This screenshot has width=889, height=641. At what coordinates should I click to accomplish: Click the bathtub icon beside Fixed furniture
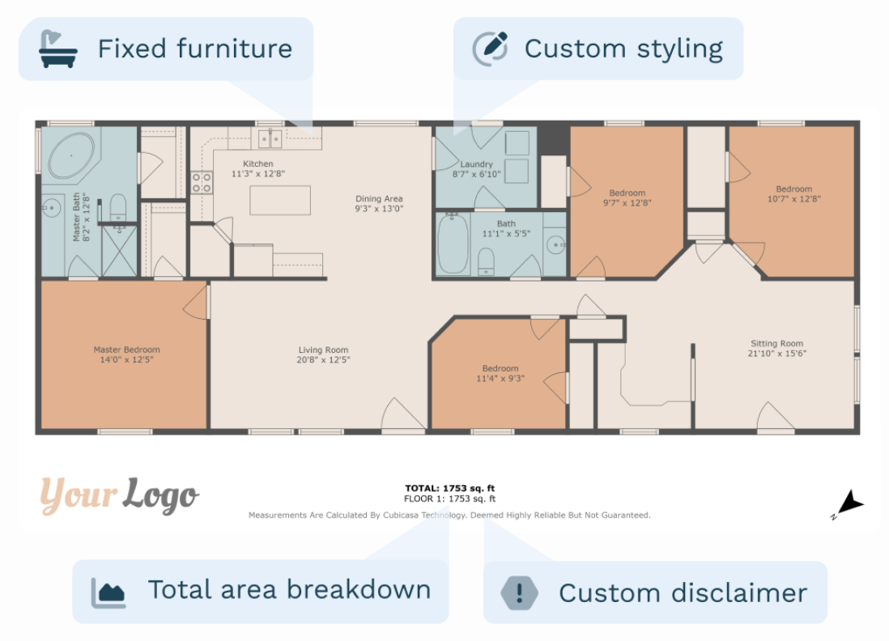(x=57, y=49)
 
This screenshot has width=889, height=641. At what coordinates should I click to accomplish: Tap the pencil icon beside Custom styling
(x=491, y=49)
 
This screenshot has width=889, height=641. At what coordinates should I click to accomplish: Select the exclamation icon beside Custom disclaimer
(x=519, y=592)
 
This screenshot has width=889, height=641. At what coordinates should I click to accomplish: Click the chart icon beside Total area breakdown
(x=108, y=592)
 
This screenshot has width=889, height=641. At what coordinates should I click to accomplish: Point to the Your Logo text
(x=119, y=495)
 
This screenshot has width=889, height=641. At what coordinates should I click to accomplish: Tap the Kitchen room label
(x=258, y=163)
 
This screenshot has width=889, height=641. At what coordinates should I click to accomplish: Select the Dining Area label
(x=379, y=199)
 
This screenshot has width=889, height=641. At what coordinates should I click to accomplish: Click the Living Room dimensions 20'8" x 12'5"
(x=323, y=360)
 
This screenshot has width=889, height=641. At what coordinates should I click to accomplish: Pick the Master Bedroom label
(x=126, y=350)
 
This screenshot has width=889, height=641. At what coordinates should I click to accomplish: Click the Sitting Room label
(x=776, y=343)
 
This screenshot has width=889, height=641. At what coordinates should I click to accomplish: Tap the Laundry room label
(x=476, y=163)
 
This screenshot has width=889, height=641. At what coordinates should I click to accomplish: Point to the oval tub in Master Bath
(x=71, y=155)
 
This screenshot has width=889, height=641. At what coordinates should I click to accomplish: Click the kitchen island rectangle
(x=280, y=200)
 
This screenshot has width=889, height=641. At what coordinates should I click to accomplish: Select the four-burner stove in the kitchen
(x=202, y=182)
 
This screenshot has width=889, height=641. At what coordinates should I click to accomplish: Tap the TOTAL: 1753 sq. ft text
(x=449, y=488)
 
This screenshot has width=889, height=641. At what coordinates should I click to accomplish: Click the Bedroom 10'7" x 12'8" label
(x=793, y=193)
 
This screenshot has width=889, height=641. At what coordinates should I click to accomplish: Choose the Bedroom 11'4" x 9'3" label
(x=500, y=373)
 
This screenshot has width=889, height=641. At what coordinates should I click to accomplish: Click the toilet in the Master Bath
(x=118, y=208)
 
